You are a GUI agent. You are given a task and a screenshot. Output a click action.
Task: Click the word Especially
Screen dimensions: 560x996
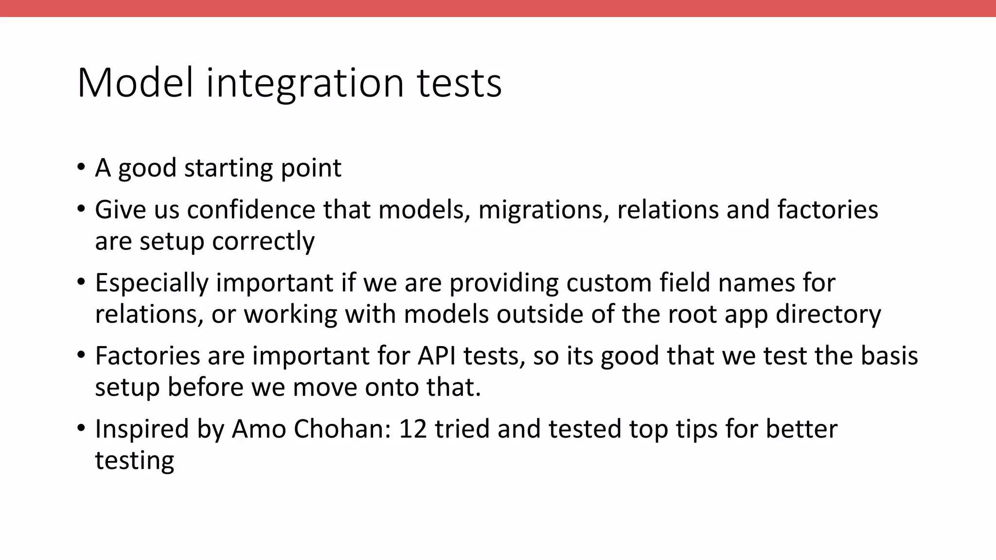[151, 283]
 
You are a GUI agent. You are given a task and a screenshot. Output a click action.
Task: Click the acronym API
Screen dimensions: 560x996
[436, 355]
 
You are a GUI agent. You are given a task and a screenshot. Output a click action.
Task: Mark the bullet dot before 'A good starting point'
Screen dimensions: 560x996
[81, 167]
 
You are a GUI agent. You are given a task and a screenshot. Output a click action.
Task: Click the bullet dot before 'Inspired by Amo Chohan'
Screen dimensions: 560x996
[81, 428]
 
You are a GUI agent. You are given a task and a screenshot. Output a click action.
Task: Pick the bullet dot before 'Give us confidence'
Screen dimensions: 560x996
[81, 209]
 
